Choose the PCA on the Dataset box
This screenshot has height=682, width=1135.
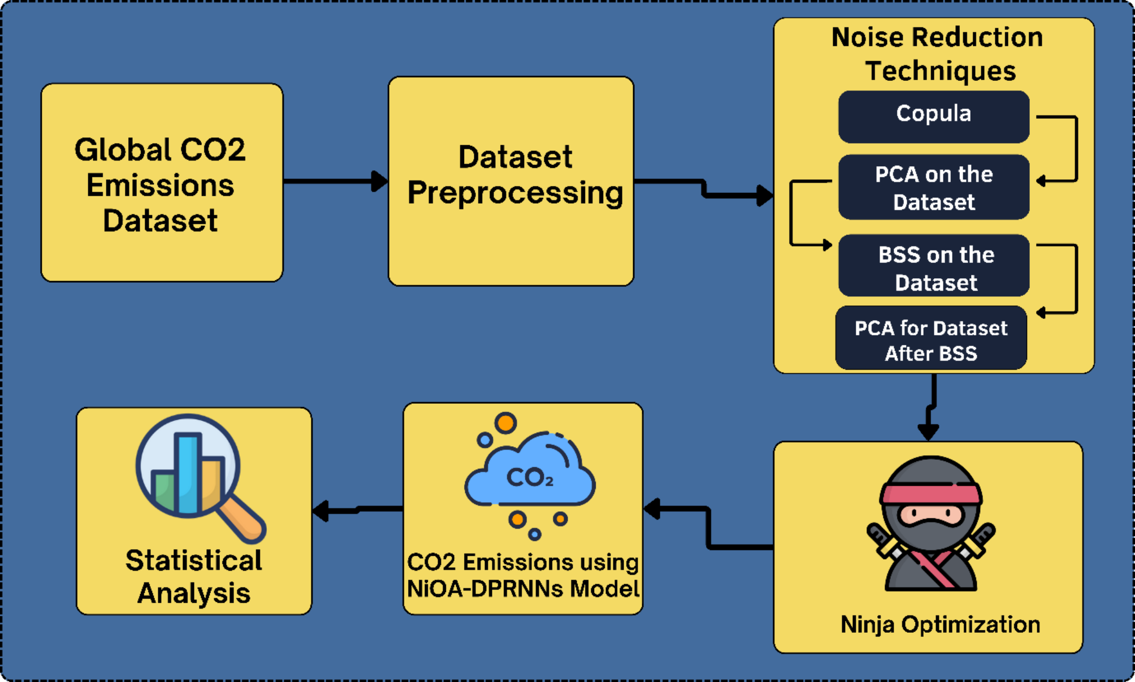tap(933, 187)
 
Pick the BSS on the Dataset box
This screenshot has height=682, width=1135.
tap(933, 266)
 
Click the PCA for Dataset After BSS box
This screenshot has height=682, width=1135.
tap(930, 339)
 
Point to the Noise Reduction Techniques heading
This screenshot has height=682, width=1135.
tap(937, 54)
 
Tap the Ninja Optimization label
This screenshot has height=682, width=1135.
tap(940, 624)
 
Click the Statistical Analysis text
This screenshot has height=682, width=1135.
tap(193, 576)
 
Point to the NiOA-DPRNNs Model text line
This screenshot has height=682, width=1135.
tap(523, 589)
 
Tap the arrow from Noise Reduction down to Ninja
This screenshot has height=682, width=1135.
tap(930, 407)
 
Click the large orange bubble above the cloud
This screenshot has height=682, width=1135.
tap(505, 422)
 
